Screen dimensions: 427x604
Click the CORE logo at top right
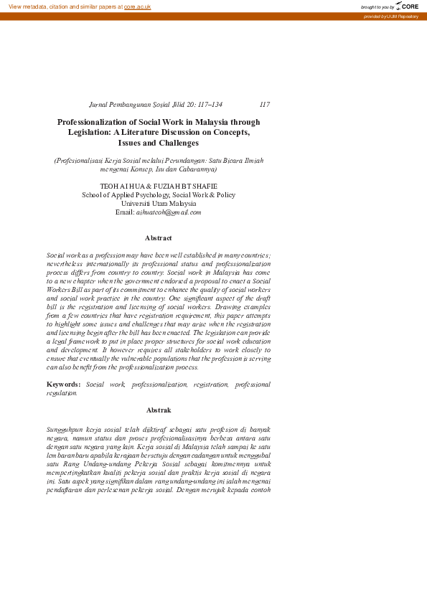(x=406, y=6)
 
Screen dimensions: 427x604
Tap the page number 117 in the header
(x=264, y=105)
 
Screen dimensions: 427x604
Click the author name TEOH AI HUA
(x=123, y=186)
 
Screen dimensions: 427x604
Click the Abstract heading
(x=158, y=237)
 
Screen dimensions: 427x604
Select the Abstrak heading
(x=158, y=410)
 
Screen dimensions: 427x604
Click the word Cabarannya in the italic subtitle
(x=197, y=170)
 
